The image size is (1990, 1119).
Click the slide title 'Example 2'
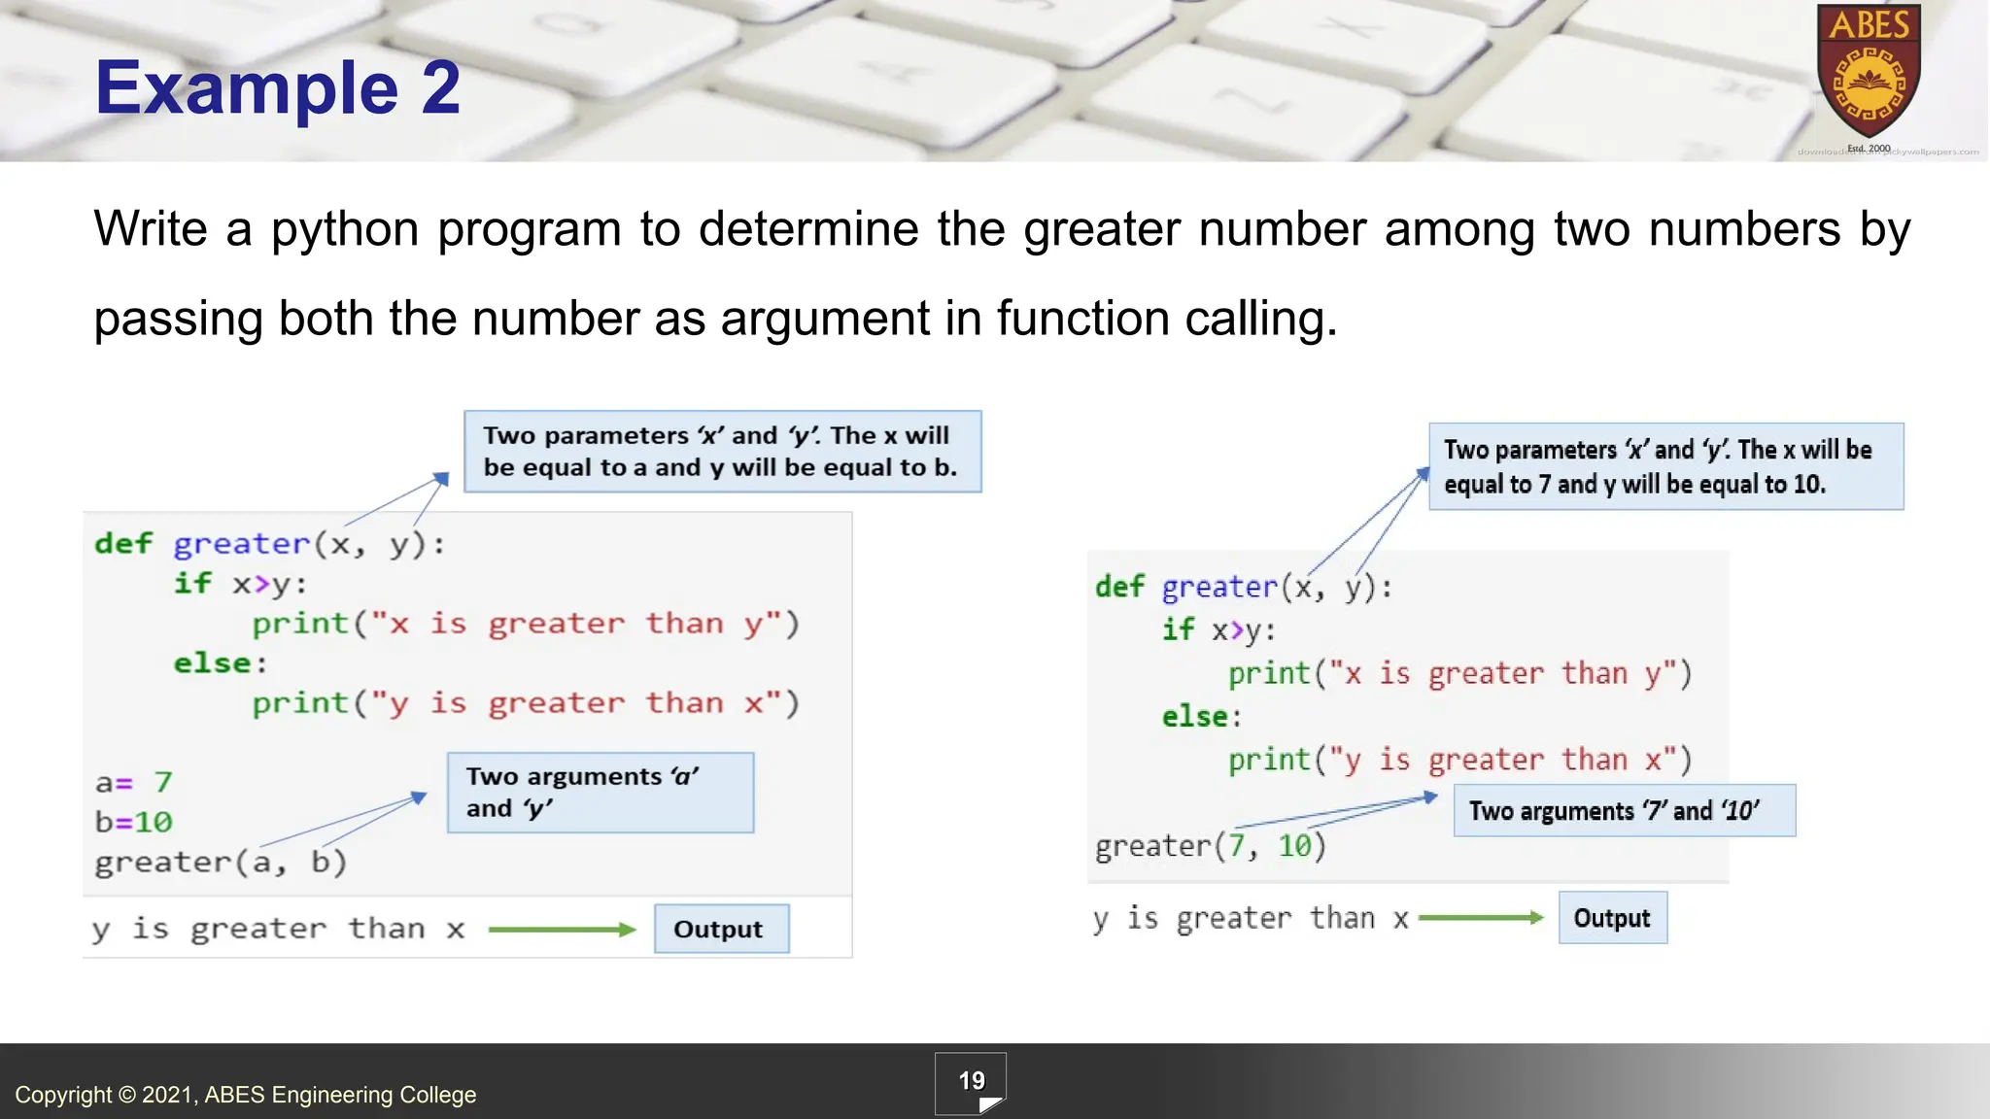[277, 87]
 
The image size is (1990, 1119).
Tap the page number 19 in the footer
[971, 1081]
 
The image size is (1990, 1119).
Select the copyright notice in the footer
[246, 1095]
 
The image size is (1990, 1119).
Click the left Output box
[721, 929]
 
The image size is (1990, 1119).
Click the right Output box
[1612, 918]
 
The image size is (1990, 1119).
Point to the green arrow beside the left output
[562, 930]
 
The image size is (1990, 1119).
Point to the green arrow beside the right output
[1480, 918]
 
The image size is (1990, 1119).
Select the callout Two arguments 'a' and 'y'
[600, 793]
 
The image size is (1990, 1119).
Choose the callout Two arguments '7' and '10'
[1624, 810]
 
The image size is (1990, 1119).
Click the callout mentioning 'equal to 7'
[1665, 466]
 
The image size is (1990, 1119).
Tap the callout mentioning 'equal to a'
[722, 452]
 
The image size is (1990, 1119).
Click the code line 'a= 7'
[134, 782]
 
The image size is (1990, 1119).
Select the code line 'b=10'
[134, 822]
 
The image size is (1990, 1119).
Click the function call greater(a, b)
[221, 863]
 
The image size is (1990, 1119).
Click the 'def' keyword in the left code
[123, 543]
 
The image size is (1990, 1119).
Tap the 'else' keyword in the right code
[1195, 717]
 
